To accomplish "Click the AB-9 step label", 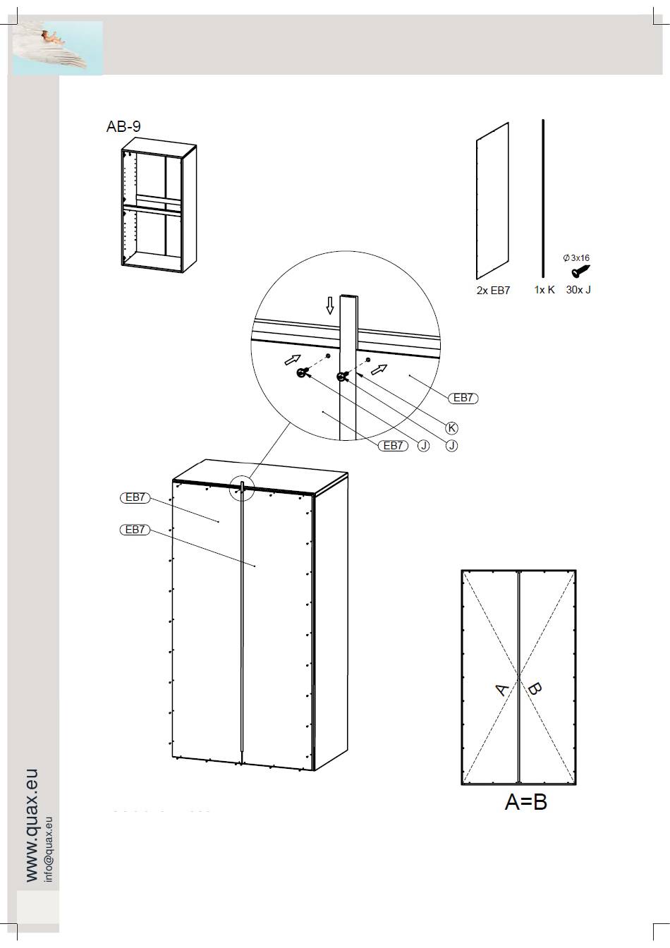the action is (123, 126).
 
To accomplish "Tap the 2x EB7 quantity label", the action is (493, 291).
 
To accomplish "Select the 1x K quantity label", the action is (544, 290).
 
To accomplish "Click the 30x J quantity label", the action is (578, 290).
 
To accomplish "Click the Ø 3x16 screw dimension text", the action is (576, 257).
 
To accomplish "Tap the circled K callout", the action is (452, 428).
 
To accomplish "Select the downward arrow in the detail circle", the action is (330, 305).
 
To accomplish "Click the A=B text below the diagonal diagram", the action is (525, 802).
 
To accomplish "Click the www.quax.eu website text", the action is (32, 825).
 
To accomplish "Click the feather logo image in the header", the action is (58, 48).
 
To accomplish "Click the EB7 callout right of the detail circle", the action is (463, 399).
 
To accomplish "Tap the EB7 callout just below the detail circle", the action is (394, 446).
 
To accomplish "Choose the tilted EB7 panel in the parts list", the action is (493, 201).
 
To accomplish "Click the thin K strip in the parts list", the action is (544, 198).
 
